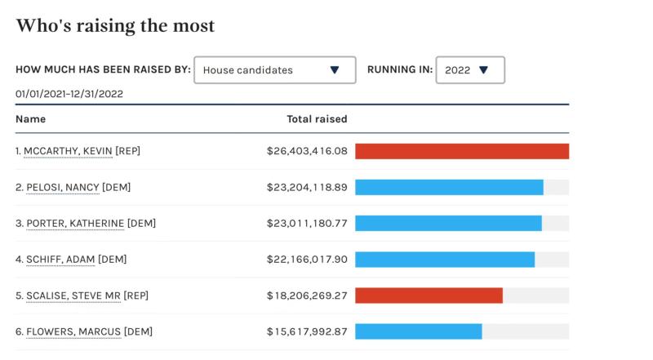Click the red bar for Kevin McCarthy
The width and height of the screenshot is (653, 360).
(462, 151)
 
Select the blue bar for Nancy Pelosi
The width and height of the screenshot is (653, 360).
(449, 187)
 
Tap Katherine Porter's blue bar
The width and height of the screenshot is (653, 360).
(448, 223)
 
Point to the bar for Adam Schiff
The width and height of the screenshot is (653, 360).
(445, 260)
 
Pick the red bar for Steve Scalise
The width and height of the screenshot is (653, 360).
(429, 296)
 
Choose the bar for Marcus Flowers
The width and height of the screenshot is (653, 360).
(419, 331)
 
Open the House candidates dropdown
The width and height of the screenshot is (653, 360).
(274, 70)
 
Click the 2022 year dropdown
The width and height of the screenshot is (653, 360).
(470, 70)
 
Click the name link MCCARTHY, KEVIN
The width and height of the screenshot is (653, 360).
(68, 151)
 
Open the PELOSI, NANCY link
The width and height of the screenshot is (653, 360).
(62, 187)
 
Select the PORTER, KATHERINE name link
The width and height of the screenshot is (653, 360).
(75, 223)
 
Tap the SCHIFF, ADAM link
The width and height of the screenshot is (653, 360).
(60, 260)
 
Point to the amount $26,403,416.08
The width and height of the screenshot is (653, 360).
(307, 151)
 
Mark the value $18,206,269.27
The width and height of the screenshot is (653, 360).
(307, 296)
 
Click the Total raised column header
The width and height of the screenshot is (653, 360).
(317, 119)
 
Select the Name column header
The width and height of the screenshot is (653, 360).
(30, 119)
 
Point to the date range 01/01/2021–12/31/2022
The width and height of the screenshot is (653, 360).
(69, 94)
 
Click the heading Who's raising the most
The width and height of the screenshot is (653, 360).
(115, 26)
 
